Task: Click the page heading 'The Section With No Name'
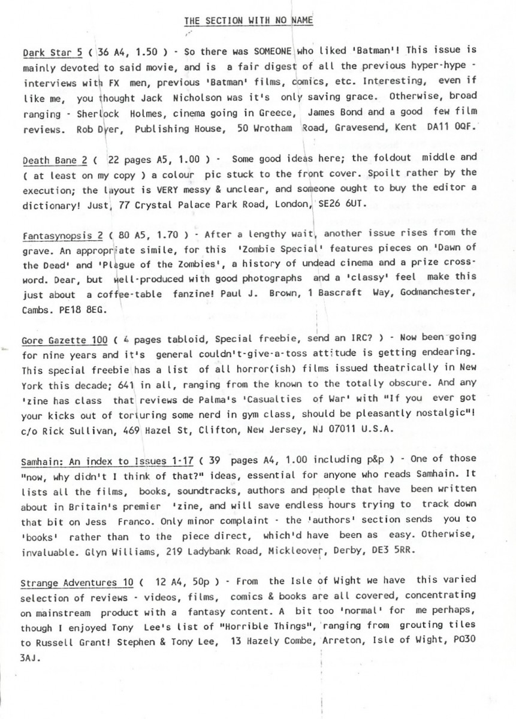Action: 249,21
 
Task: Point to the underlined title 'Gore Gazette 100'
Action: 56,340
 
